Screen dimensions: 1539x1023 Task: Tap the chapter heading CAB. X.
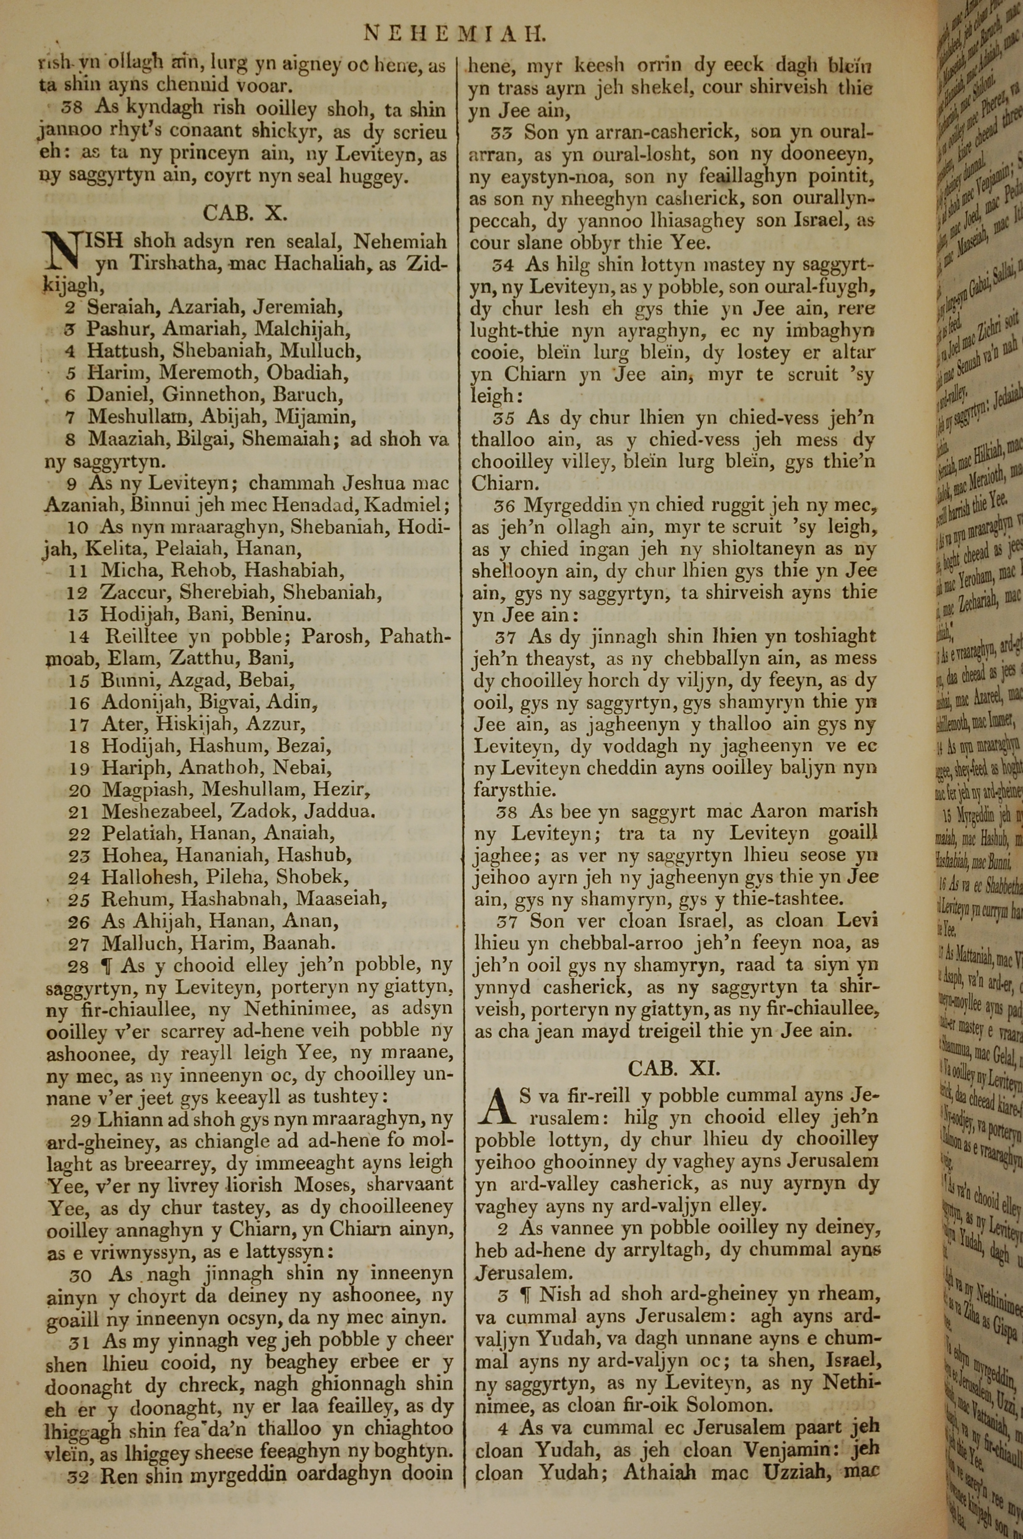coord(246,213)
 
